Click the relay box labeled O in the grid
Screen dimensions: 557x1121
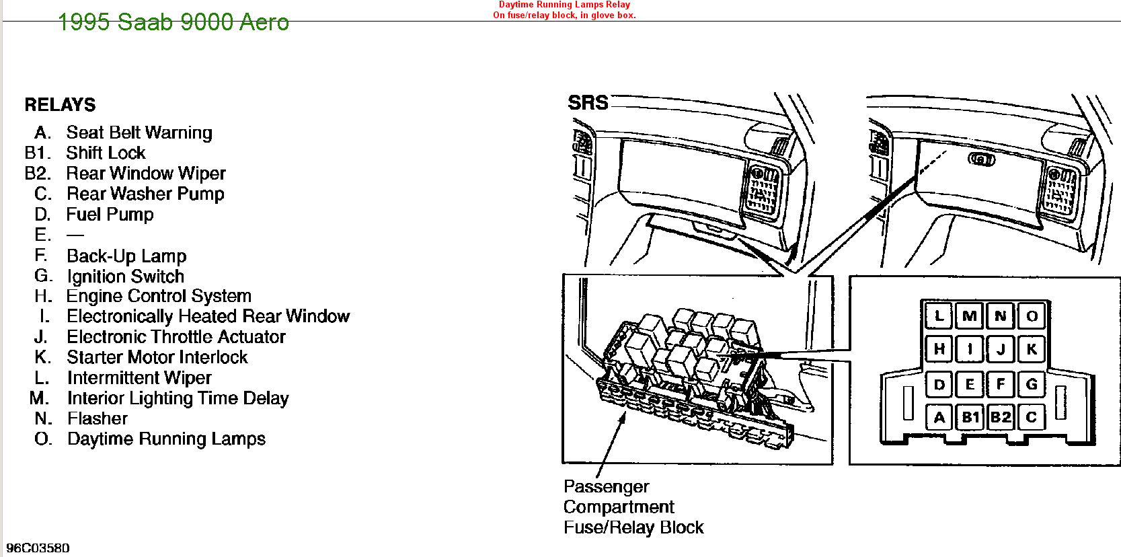1032,315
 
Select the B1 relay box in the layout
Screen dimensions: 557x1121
970,417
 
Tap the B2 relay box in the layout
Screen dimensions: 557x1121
1001,417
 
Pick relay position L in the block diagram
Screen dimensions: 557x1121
939,315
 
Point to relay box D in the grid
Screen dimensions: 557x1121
939,385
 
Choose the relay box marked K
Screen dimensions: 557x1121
1032,348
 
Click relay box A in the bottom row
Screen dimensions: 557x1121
939,417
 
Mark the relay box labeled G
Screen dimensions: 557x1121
1032,385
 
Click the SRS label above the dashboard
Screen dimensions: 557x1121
588,103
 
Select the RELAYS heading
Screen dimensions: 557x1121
60,105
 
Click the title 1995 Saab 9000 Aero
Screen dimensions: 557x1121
173,22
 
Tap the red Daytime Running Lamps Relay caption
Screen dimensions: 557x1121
564,5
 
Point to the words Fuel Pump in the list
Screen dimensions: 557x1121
110,215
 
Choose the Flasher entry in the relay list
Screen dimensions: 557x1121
98,418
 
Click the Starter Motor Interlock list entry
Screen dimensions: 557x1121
157,357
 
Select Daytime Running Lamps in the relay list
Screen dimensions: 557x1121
166,439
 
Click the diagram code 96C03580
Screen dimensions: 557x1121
38,548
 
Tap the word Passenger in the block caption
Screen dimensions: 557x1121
606,486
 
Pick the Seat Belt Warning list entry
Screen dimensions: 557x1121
139,133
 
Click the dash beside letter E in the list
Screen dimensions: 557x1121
75,235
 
